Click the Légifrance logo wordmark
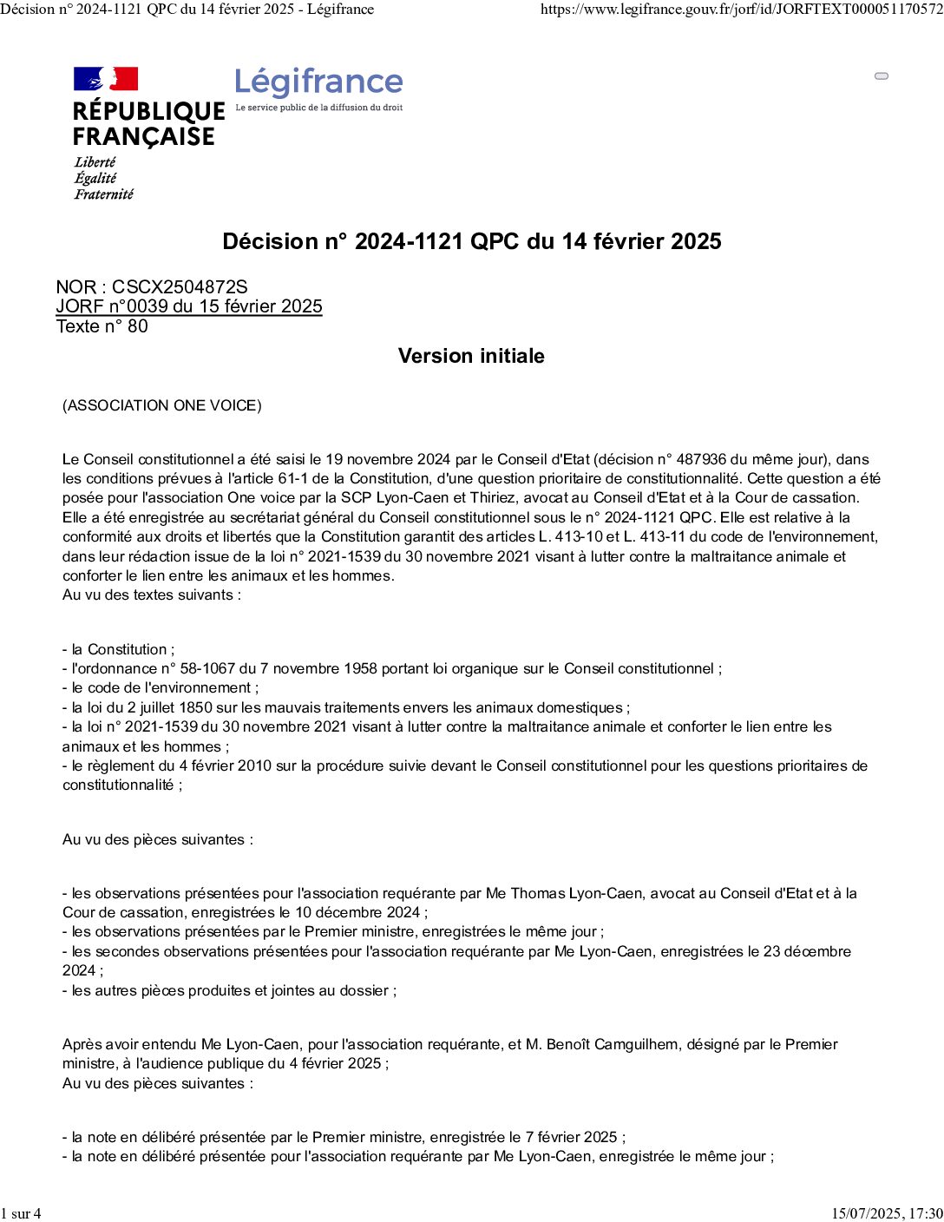click(x=318, y=82)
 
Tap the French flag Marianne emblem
click(x=106, y=79)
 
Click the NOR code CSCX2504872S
click(x=180, y=286)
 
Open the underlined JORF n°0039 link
click(x=189, y=306)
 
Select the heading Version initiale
click(x=471, y=356)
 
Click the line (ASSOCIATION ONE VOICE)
click(x=162, y=405)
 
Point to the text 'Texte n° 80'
click(x=102, y=326)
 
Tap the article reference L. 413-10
click(x=570, y=536)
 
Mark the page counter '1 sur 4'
click(x=21, y=1213)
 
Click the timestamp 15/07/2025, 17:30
click(x=887, y=1213)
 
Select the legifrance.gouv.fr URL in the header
click(x=741, y=10)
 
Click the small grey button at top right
click(x=882, y=76)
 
